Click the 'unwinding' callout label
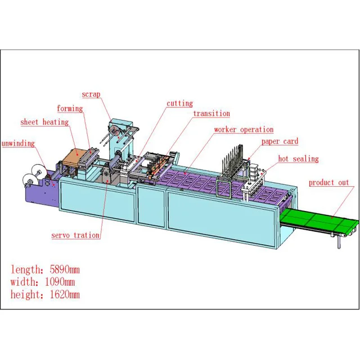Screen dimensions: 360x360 click(17, 143)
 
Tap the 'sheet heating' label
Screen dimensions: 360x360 click(44, 122)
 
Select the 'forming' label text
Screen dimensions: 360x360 click(69, 109)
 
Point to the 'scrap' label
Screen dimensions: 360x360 click(91, 94)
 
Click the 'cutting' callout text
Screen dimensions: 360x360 click(179, 103)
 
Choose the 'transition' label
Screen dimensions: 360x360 click(211, 114)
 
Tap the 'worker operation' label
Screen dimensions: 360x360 click(244, 130)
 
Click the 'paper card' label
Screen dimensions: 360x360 click(280, 142)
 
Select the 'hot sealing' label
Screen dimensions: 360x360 click(298, 159)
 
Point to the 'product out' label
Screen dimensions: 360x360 click(328, 183)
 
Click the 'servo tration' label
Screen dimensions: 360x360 click(75, 235)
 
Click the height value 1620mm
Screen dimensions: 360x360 click(60, 295)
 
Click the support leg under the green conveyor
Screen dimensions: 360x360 click(339, 241)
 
